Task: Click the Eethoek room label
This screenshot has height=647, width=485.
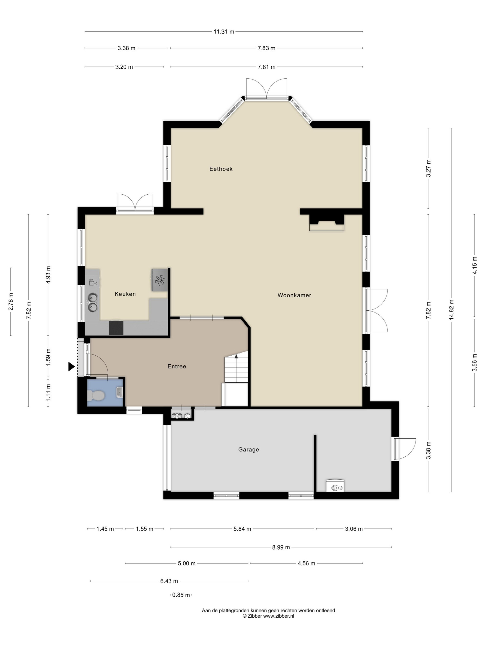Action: pos(221,169)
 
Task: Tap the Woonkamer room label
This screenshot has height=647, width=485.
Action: pos(294,295)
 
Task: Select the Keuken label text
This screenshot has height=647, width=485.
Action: pos(125,294)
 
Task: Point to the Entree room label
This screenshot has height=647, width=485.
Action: pos(177,366)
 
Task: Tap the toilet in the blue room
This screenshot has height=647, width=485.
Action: pos(96,396)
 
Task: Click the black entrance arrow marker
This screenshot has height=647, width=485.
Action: pos(71,366)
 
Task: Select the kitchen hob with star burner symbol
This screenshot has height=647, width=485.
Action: pos(160,280)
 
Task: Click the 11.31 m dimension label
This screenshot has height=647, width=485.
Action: pos(224,32)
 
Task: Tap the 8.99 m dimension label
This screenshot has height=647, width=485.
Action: pos(281,547)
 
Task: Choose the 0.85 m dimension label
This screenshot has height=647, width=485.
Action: pos(181,595)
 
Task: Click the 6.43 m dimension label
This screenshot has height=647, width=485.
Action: pos(169,581)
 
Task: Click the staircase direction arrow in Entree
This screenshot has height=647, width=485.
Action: pos(236,356)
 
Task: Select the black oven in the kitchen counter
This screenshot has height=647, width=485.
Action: pos(116,328)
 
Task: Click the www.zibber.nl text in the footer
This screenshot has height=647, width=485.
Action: pos(279,616)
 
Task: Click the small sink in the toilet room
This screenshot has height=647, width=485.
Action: pos(120,392)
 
